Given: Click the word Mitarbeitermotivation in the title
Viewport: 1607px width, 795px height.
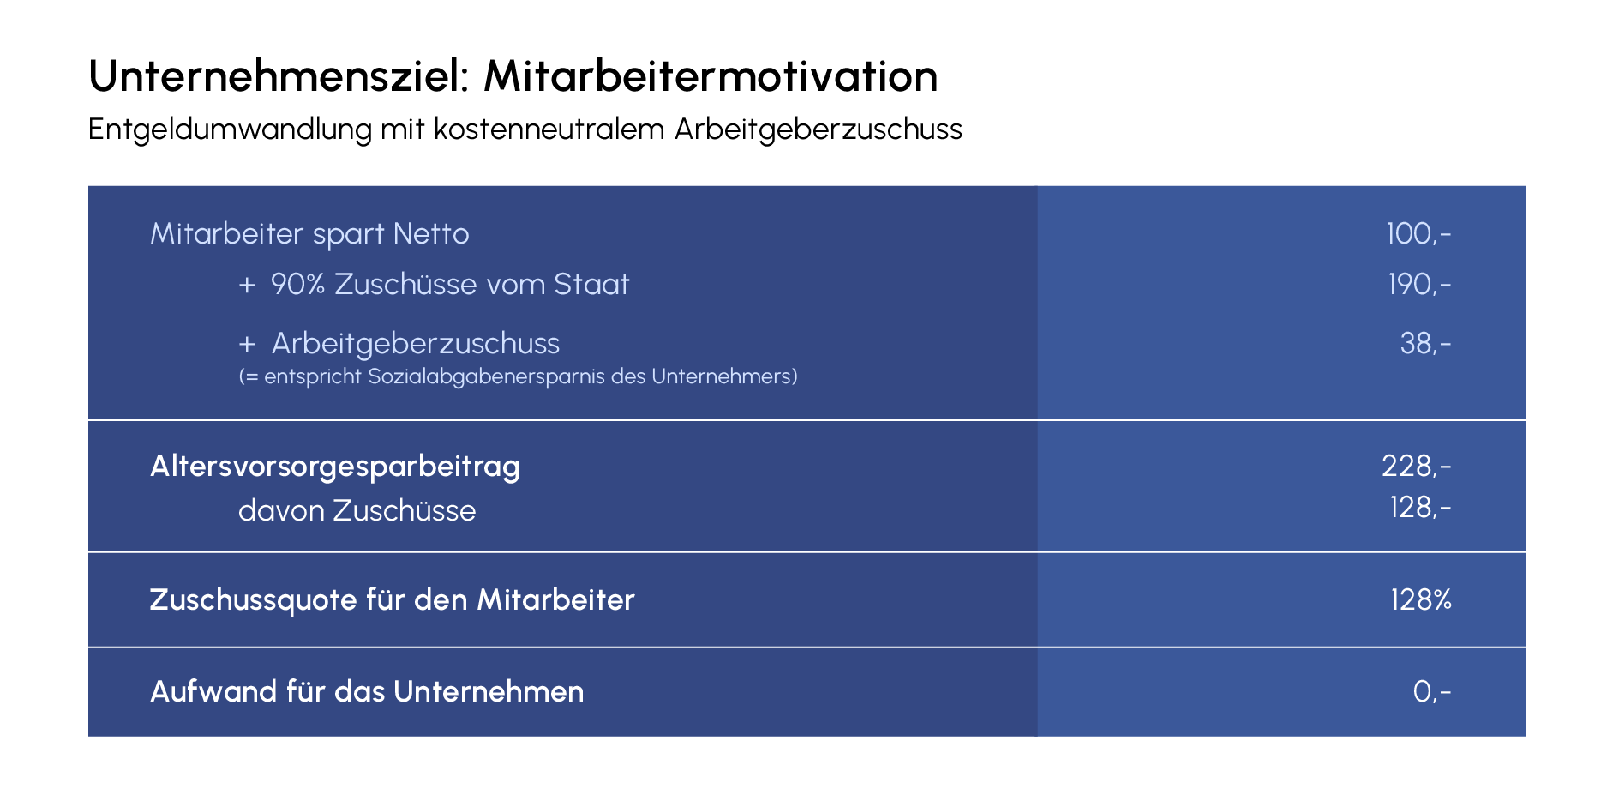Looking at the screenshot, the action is point(711,76).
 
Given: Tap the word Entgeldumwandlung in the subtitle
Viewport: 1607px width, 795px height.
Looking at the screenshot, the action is point(231,129).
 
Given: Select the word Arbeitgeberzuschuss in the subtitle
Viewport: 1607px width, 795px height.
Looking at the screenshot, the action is point(818,129).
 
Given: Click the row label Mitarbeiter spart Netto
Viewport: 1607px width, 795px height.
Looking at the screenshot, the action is point(309,233).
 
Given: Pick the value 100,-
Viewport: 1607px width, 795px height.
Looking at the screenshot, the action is point(1418,233).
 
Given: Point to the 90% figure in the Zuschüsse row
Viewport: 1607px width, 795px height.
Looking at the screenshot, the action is point(297,284).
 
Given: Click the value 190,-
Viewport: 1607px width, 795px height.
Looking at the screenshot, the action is point(1419,284).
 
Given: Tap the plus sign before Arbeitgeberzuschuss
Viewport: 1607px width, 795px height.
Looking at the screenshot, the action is point(247,344).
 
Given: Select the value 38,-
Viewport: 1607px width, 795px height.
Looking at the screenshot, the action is point(1425,343).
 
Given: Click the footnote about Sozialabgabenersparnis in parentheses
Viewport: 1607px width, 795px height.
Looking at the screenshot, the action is point(518,376).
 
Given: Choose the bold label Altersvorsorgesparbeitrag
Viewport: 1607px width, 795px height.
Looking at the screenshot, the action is point(335,467).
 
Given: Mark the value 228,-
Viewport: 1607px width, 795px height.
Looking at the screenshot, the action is point(1417,466).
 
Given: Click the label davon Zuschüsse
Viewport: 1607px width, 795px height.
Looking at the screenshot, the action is point(357,510).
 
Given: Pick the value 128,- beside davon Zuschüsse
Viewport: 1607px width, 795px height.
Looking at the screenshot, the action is point(1420,508).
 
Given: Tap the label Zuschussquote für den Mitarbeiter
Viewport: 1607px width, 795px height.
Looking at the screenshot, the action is point(393,599).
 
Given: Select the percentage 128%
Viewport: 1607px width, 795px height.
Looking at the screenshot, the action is point(1421,599).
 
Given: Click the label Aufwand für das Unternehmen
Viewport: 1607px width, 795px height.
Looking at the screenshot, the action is point(367,691).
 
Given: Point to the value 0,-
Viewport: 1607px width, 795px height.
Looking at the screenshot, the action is point(1432,691).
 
